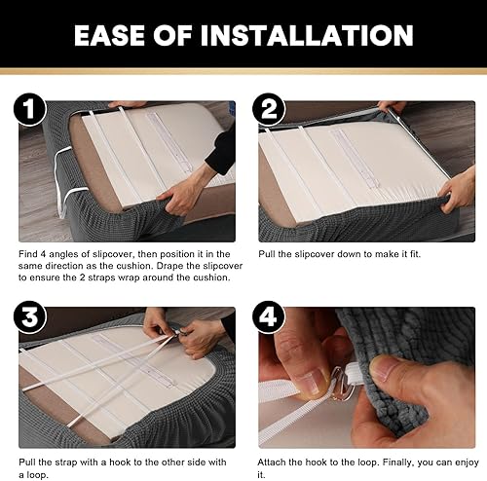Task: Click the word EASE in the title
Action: [x=110, y=35]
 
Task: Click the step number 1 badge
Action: [x=30, y=109]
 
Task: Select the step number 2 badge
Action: [x=269, y=109]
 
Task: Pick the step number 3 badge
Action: [x=30, y=317]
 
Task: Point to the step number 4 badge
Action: [x=269, y=317]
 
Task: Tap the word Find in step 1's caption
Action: [x=27, y=254]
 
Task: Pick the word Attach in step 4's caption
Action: [x=271, y=462]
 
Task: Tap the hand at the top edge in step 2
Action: [x=392, y=107]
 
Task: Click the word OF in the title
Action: [x=172, y=35]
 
